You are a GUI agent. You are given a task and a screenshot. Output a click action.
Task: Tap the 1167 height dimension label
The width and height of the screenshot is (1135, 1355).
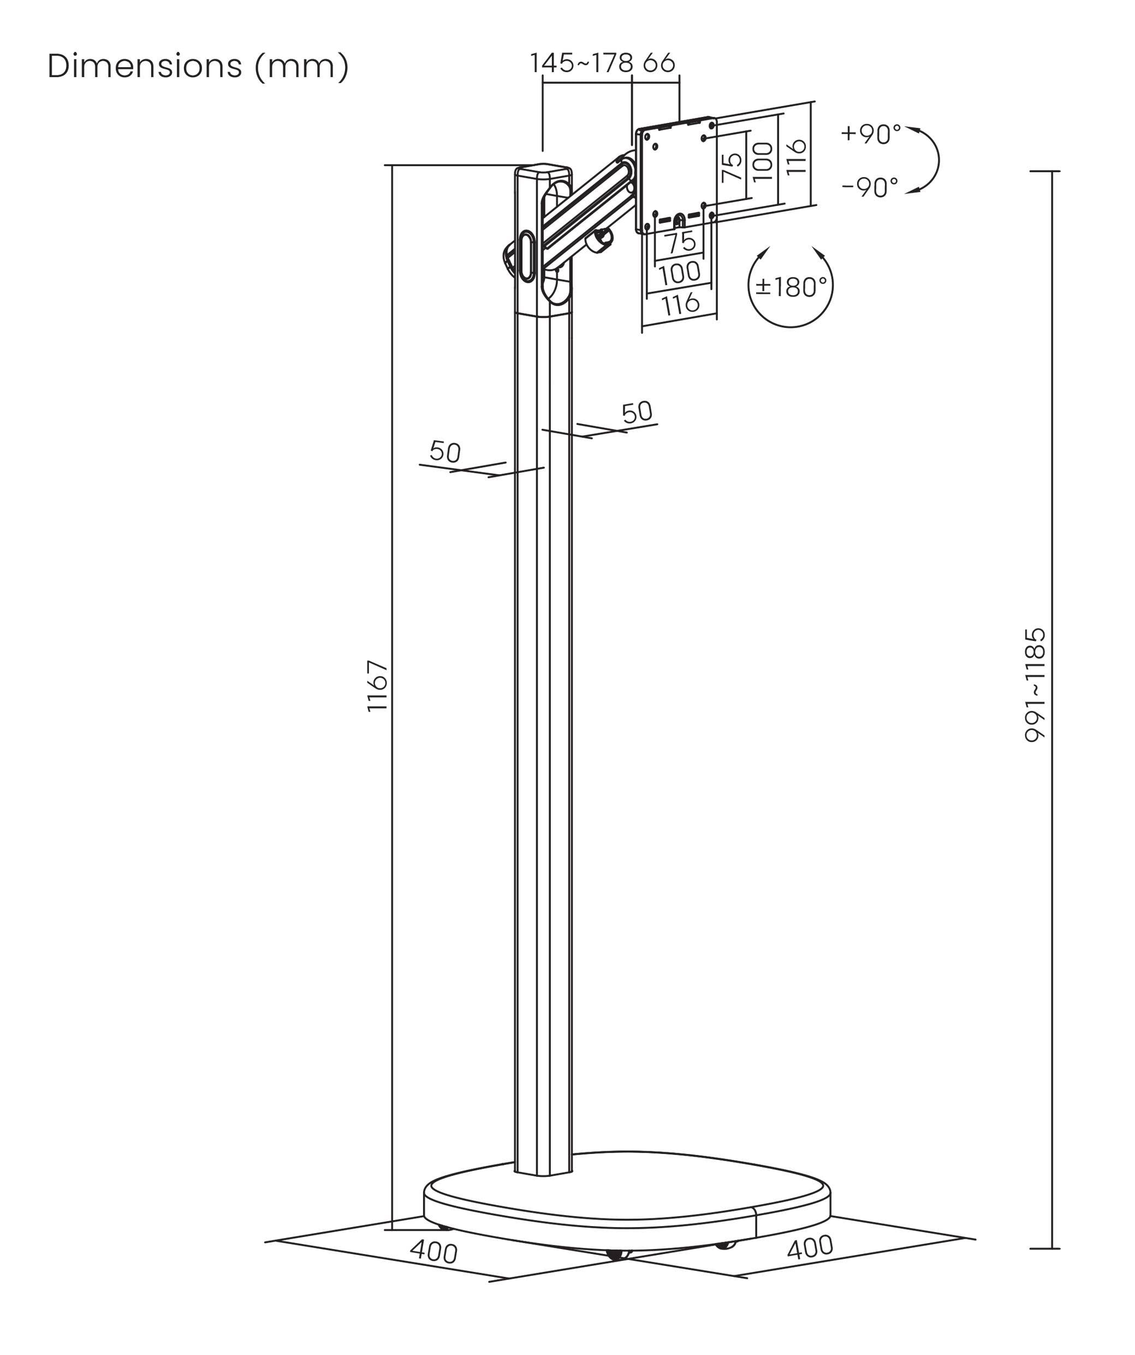(377, 686)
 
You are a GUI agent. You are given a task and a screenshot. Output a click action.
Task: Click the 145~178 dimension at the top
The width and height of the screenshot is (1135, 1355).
(581, 63)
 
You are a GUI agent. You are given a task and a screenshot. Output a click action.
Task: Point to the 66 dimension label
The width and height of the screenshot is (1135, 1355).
(659, 63)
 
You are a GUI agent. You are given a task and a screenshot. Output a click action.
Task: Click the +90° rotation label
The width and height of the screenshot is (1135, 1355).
(871, 134)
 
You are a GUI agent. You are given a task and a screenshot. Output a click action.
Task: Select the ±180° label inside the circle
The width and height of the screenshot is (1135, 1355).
(791, 286)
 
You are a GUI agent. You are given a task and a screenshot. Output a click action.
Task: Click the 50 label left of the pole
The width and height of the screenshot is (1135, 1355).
(445, 452)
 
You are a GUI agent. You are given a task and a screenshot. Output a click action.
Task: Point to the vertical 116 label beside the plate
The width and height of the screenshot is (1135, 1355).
(797, 156)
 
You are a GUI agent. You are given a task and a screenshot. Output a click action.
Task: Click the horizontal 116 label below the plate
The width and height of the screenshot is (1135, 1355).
(681, 303)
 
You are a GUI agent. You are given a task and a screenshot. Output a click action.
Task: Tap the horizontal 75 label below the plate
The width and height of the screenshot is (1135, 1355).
(681, 243)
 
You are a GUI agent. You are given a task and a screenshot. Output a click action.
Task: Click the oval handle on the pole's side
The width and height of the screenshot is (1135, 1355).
(527, 256)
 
